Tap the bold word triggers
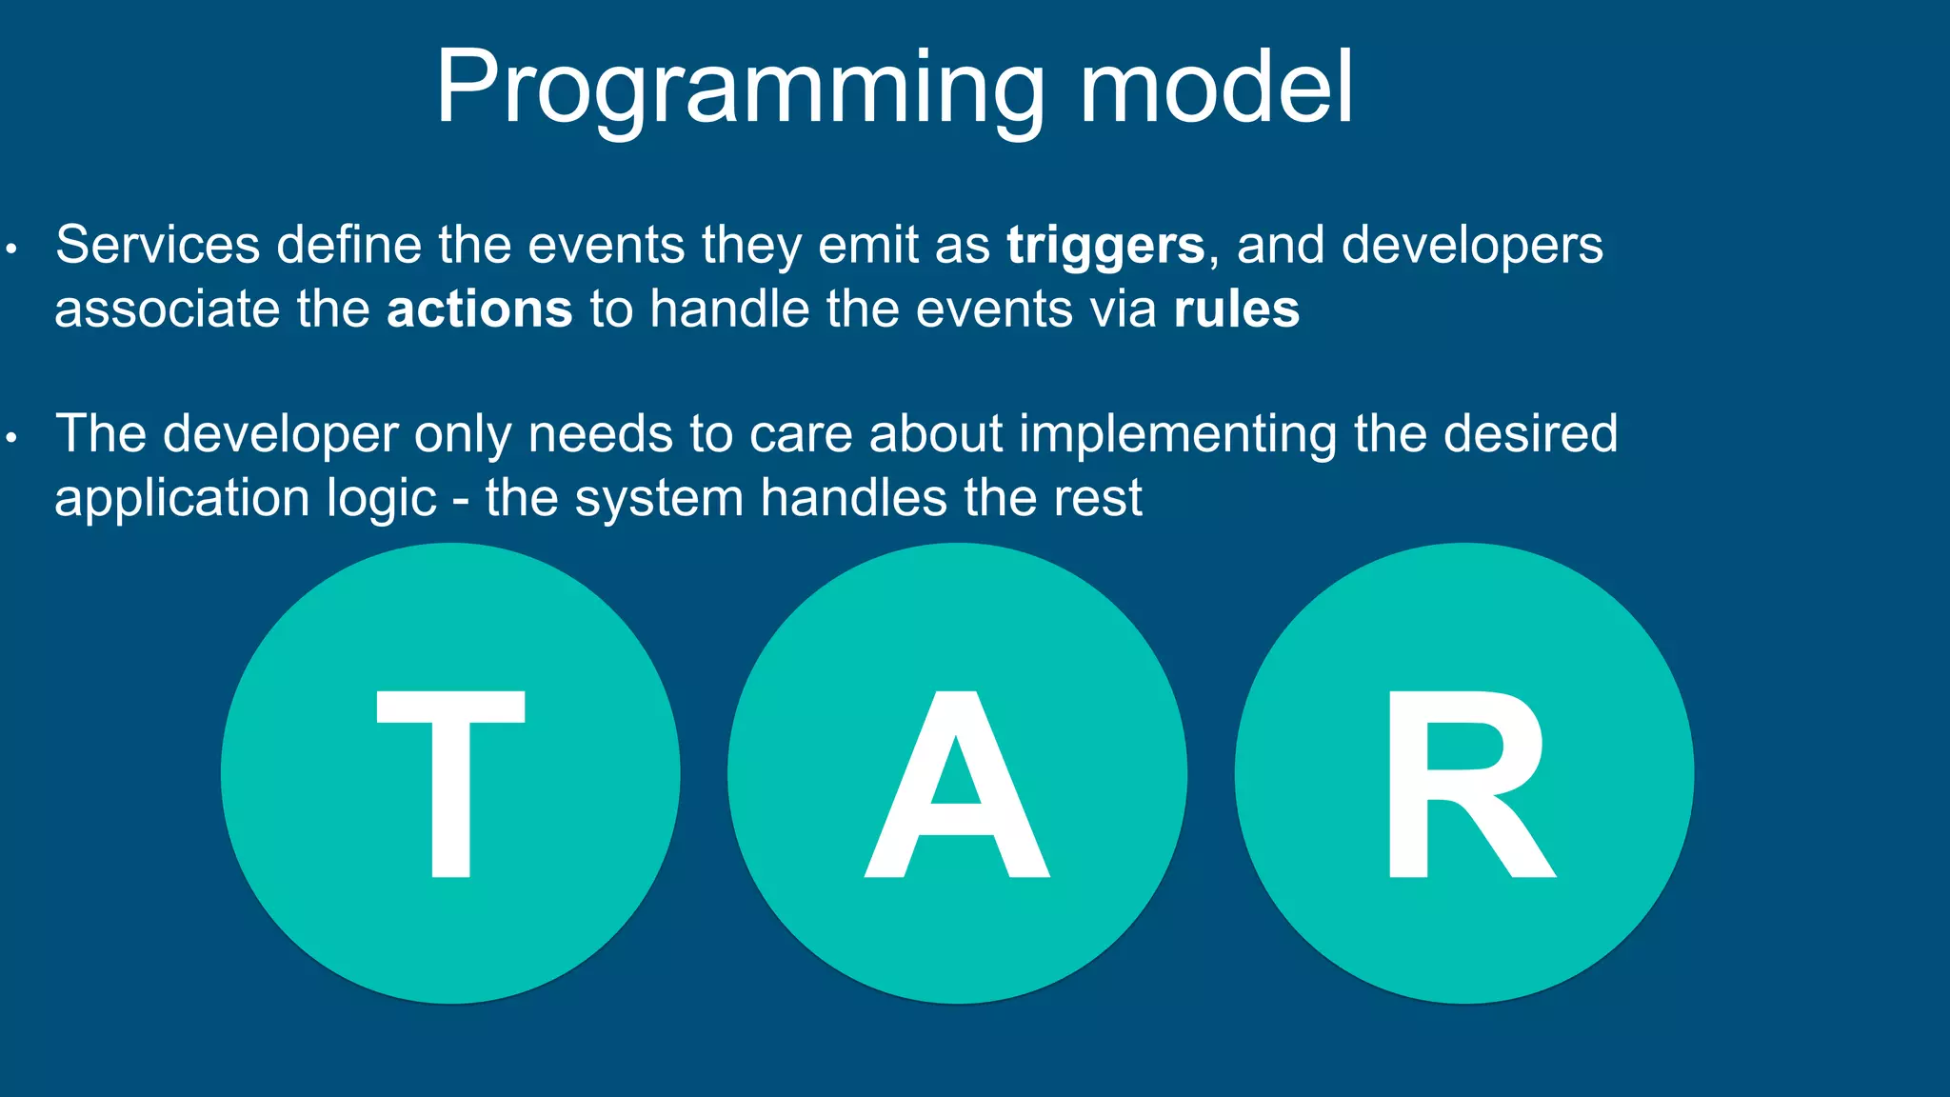point(1105,246)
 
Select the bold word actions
point(479,309)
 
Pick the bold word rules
point(1236,309)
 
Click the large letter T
point(450,783)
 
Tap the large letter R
point(1467,783)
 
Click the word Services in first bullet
point(157,245)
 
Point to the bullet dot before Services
point(11,250)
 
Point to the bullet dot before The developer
point(11,439)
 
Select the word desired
point(1530,433)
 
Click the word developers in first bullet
point(1472,246)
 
